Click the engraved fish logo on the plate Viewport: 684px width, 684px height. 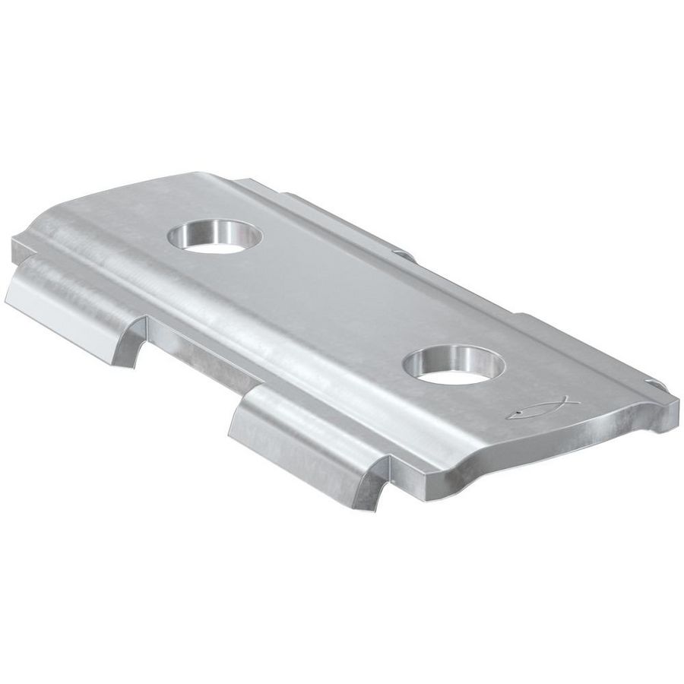pos(542,408)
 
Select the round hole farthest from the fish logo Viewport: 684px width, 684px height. pos(215,236)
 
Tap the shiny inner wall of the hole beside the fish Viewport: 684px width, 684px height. pos(456,354)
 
